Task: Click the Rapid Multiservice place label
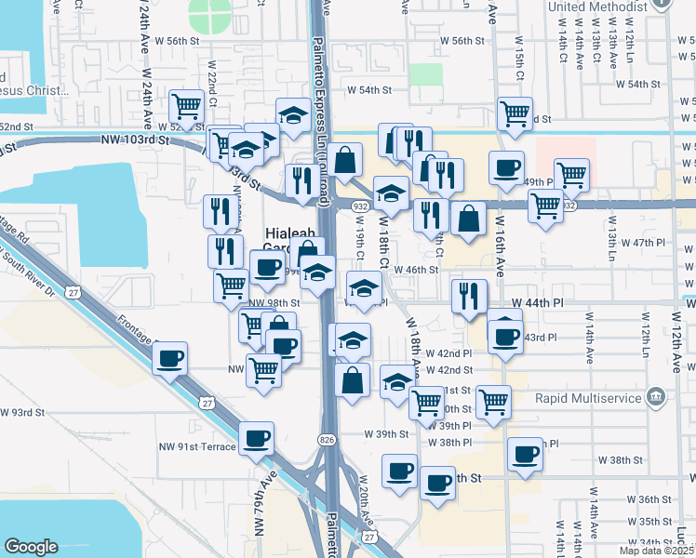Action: tap(587, 398)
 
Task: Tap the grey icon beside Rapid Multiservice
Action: tap(657, 397)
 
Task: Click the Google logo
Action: tap(31, 547)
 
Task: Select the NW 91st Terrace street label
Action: tap(197, 447)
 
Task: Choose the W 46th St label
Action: tap(416, 270)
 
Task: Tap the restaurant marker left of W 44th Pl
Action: tap(469, 297)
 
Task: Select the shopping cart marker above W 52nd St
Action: tap(187, 107)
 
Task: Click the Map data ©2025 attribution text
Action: tap(652, 550)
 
